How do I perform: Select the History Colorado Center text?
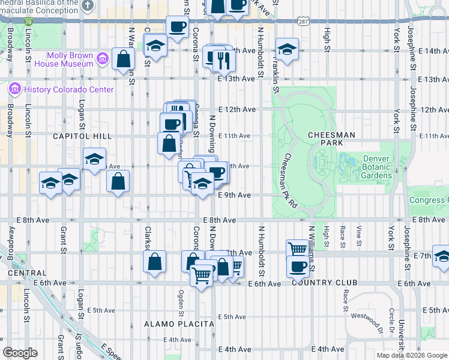pos(69,89)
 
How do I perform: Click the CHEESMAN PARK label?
pos(332,139)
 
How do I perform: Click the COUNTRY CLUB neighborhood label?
pos(324,283)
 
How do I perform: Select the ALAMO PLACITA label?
pos(179,324)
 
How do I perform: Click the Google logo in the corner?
pos(20,353)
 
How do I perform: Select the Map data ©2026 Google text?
pos(412,355)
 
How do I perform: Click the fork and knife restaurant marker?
pos(224,59)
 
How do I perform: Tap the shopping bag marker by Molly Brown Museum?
pos(123,59)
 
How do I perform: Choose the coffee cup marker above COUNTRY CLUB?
pos(297,266)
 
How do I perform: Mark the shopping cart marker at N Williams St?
pos(297,248)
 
